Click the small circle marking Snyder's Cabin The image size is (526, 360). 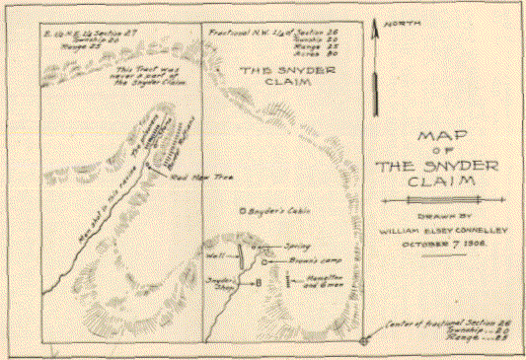coord(242,211)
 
